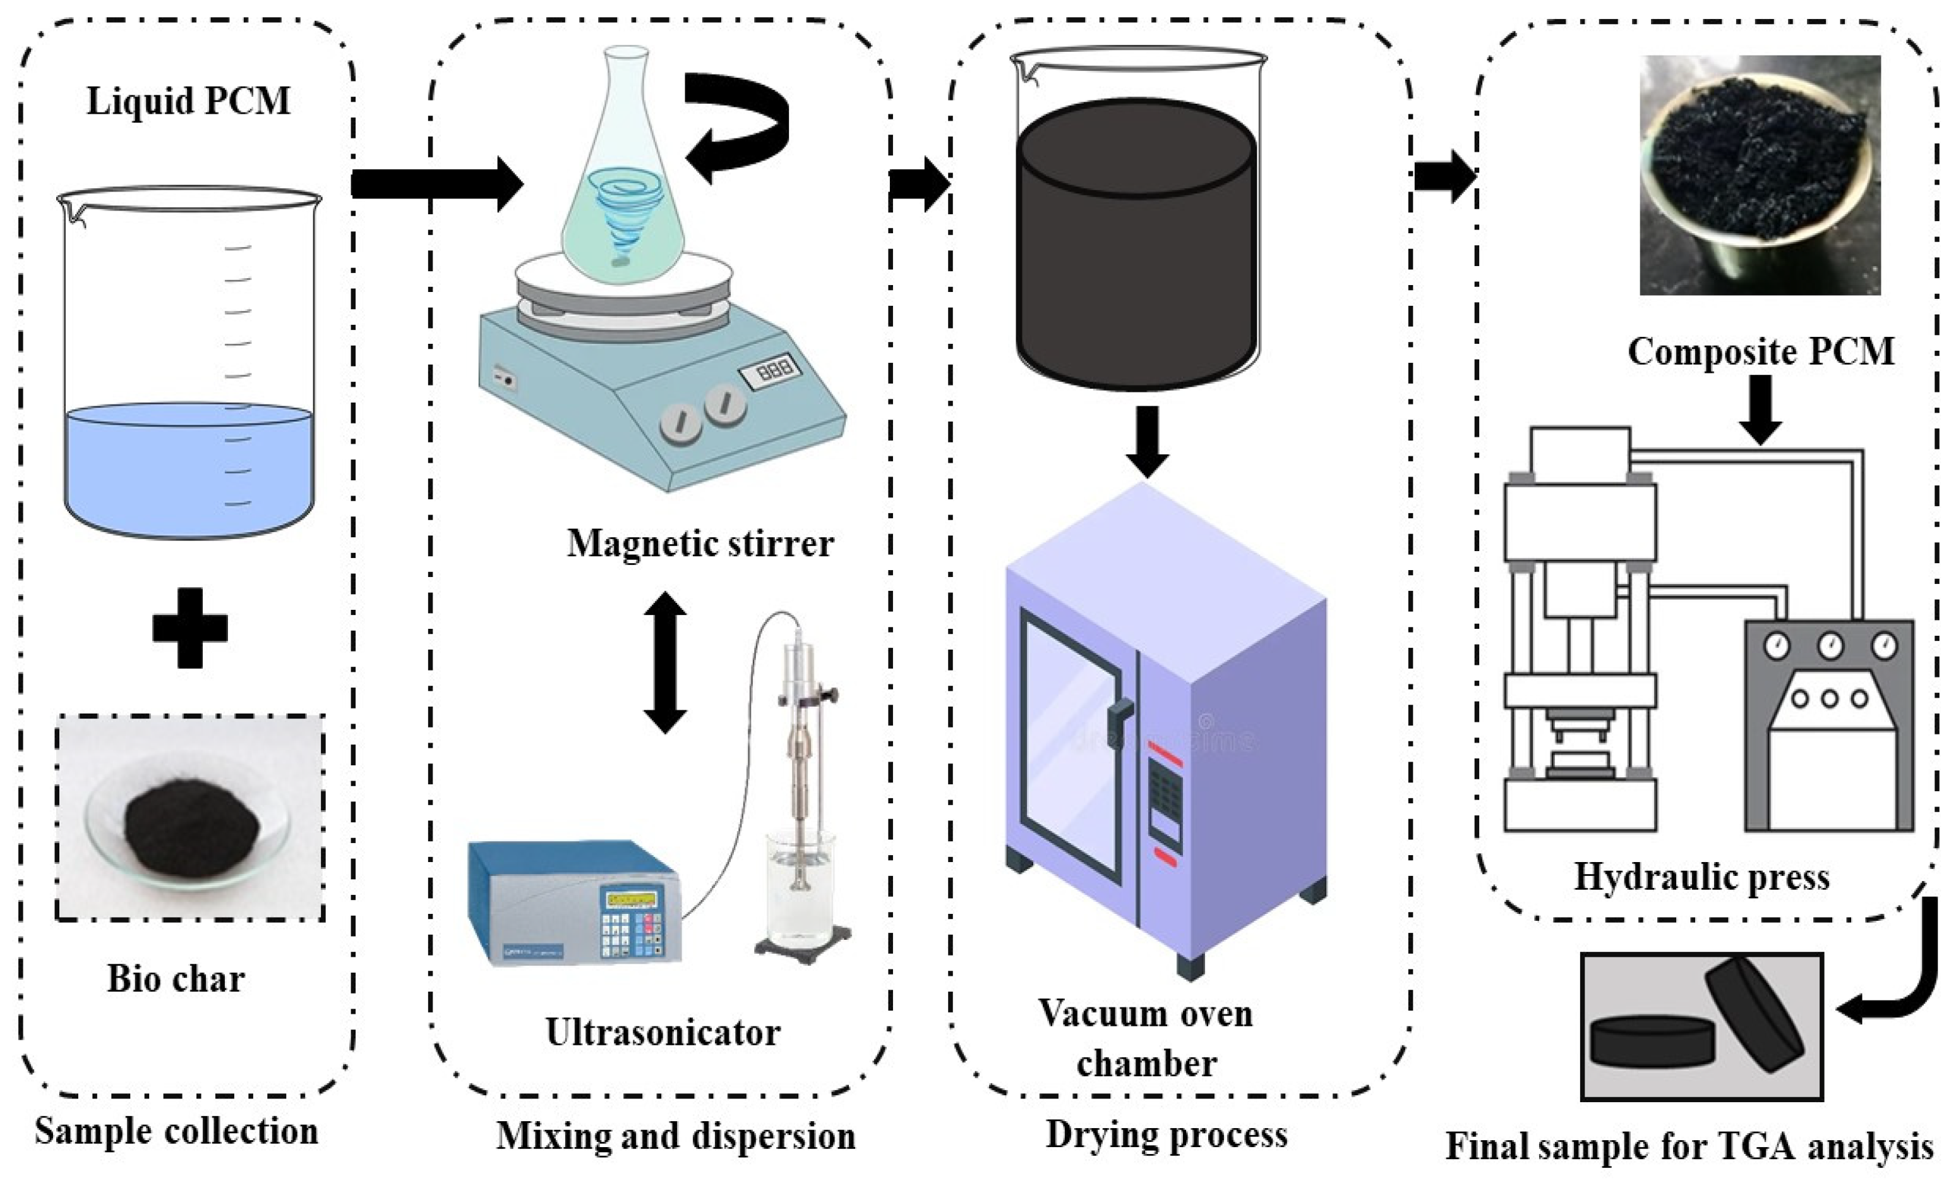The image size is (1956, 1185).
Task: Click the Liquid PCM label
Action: tap(188, 101)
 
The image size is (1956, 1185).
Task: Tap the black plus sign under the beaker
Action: tap(189, 628)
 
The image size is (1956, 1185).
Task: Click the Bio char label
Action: tap(176, 978)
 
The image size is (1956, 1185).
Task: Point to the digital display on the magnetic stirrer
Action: tap(769, 369)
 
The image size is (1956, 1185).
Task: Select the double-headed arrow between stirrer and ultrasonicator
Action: tap(664, 662)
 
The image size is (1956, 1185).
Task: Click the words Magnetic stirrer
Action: tap(700, 544)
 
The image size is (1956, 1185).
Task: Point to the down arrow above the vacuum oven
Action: tap(1146, 441)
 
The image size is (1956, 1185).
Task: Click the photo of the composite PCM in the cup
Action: tap(1760, 174)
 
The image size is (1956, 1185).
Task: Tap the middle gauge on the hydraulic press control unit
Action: tap(1830, 645)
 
